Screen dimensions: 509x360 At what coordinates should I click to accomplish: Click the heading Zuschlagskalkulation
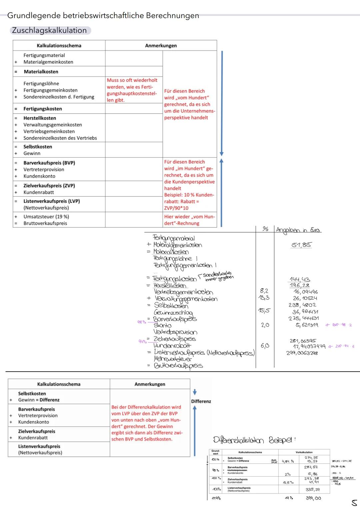click(x=49, y=30)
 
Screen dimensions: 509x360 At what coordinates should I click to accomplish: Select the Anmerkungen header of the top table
click(x=161, y=45)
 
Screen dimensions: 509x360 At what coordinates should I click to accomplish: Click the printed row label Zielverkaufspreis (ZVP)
click(x=49, y=185)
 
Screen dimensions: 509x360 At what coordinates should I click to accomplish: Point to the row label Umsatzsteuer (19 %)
click(x=46, y=216)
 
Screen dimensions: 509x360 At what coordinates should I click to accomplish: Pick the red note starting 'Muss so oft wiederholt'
click(x=132, y=90)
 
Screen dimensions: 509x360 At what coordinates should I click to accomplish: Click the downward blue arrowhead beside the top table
click(x=222, y=154)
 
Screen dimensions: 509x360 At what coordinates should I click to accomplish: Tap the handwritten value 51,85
click(x=301, y=245)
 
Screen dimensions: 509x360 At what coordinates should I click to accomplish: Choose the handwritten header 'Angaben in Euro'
click(x=298, y=230)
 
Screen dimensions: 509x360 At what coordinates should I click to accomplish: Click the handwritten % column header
click(x=265, y=229)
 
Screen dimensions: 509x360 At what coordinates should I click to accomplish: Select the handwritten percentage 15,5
click(x=264, y=311)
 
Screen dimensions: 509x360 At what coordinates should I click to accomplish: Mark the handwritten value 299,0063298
click(x=302, y=353)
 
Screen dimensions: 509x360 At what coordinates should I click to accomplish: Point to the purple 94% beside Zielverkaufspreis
click(x=143, y=341)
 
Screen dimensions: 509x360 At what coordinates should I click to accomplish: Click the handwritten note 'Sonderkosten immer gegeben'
click(x=218, y=276)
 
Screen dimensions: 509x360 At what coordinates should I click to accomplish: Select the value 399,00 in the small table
click(x=313, y=498)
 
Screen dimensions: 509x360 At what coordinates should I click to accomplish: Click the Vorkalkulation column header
click(x=304, y=452)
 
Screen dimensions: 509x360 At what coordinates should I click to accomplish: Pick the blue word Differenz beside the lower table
click(x=201, y=401)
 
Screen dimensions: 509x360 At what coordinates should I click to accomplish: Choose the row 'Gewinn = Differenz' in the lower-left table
click(x=39, y=400)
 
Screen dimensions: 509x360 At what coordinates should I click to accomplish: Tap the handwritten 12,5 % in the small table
click(x=288, y=483)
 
